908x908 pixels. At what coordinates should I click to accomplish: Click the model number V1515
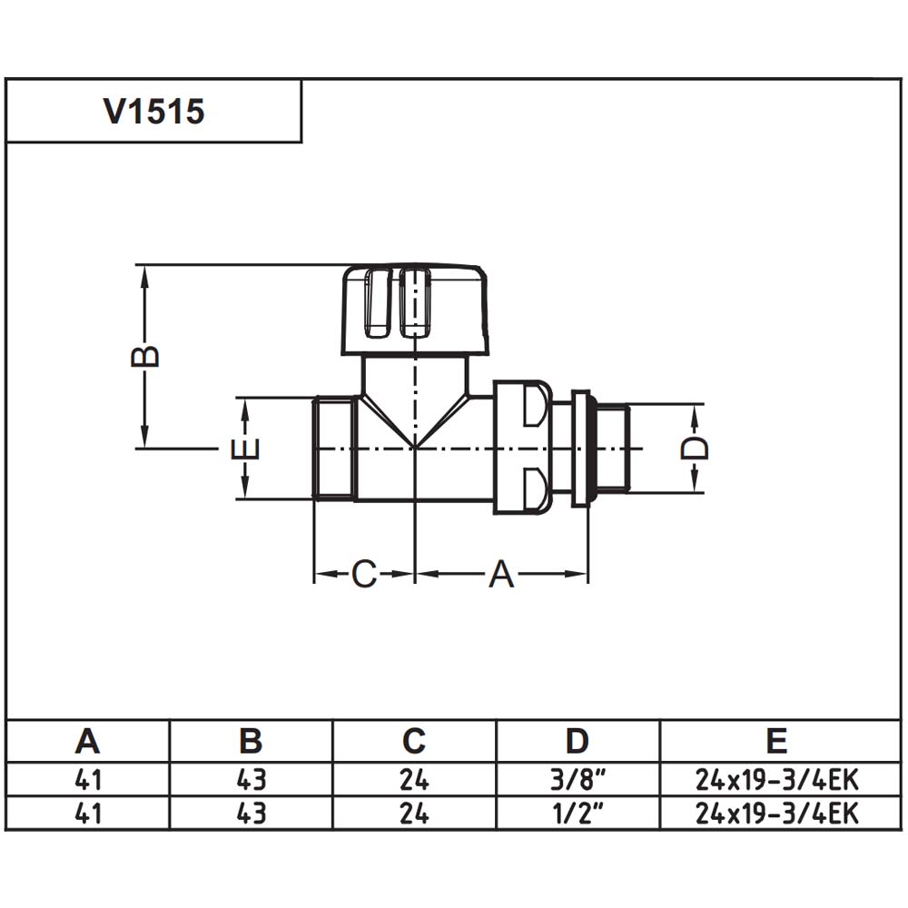pyautogui.click(x=154, y=111)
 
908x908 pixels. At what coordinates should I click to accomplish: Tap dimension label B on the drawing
pyautogui.click(x=145, y=356)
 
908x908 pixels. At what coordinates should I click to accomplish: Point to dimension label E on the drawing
pyautogui.click(x=245, y=449)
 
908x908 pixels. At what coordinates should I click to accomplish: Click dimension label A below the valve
pyautogui.click(x=501, y=574)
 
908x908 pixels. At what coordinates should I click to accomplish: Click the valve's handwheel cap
pyautogui.click(x=415, y=310)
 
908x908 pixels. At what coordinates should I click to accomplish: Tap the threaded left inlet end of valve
pyautogui.click(x=334, y=449)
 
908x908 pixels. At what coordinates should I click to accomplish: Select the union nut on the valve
pyautogui.click(x=522, y=448)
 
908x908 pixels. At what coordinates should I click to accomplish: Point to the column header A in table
pyautogui.click(x=87, y=741)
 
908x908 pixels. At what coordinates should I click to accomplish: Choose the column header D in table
pyautogui.click(x=577, y=741)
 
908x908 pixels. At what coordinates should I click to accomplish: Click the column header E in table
pyautogui.click(x=776, y=741)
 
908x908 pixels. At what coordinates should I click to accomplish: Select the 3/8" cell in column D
pyautogui.click(x=577, y=779)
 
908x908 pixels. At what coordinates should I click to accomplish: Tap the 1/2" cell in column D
pyautogui.click(x=577, y=813)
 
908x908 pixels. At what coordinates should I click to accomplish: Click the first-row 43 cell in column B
pyautogui.click(x=251, y=779)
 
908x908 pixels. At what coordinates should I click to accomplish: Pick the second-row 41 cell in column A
pyautogui.click(x=87, y=813)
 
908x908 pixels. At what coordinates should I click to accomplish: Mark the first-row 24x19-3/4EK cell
pyautogui.click(x=776, y=779)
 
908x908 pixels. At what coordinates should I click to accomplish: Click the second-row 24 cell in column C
pyautogui.click(x=414, y=813)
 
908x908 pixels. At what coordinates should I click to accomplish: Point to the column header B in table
pyautogui.click(x=251, y=741)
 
